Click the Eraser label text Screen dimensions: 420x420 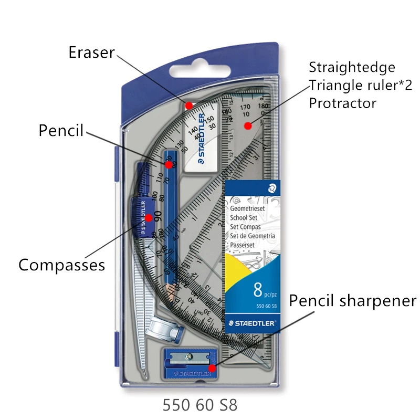coord(92,52)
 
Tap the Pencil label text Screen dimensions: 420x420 coord(61,130)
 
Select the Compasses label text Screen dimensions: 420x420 coord(61,265)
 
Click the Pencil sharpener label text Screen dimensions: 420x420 coord(353,301)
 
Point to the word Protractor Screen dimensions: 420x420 coord(342,103)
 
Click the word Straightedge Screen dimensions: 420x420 coord(352,67)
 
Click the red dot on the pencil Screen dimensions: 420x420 coord(169,165)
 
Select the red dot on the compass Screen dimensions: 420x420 coord(149,217)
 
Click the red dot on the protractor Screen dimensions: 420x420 coord(247,125)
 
